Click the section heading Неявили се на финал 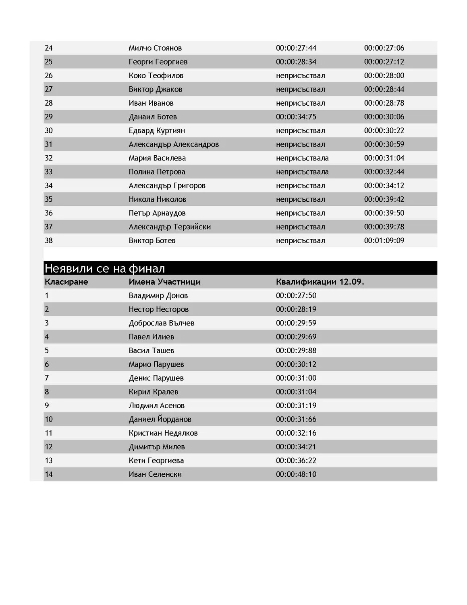click(105, 268)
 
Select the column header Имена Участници click(164, 282)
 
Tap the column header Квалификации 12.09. click(320, 282)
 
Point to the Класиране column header click(66, 282)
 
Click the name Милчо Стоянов click(155, 48)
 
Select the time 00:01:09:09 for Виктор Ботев click(384, 240)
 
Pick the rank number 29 click(49, 117)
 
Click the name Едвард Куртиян click(157, 130)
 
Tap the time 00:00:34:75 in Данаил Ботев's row click(296, 117)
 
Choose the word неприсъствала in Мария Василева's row click(302, 158)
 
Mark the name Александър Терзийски click(170, 227)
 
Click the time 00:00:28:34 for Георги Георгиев click(296, 62)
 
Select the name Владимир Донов click(158, 295)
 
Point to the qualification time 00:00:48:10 click(296, 474)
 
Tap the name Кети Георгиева click(156, 460)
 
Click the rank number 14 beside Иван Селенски click(49, 474)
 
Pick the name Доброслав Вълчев click(161, 323)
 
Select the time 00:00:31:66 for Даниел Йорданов click(296, 419)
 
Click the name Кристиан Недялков click(163, 433)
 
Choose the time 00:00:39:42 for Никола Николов click(384, 199)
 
